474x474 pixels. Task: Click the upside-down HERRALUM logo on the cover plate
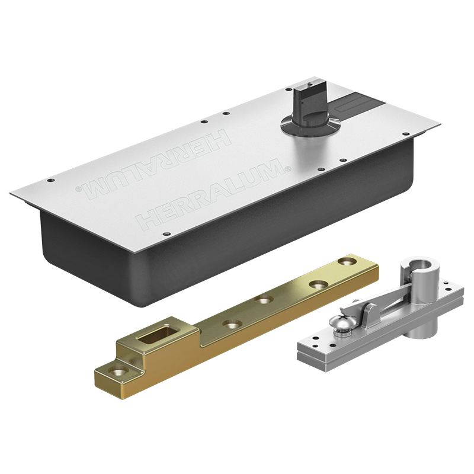[153, 164]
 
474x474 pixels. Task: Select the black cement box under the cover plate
[212, 242]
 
